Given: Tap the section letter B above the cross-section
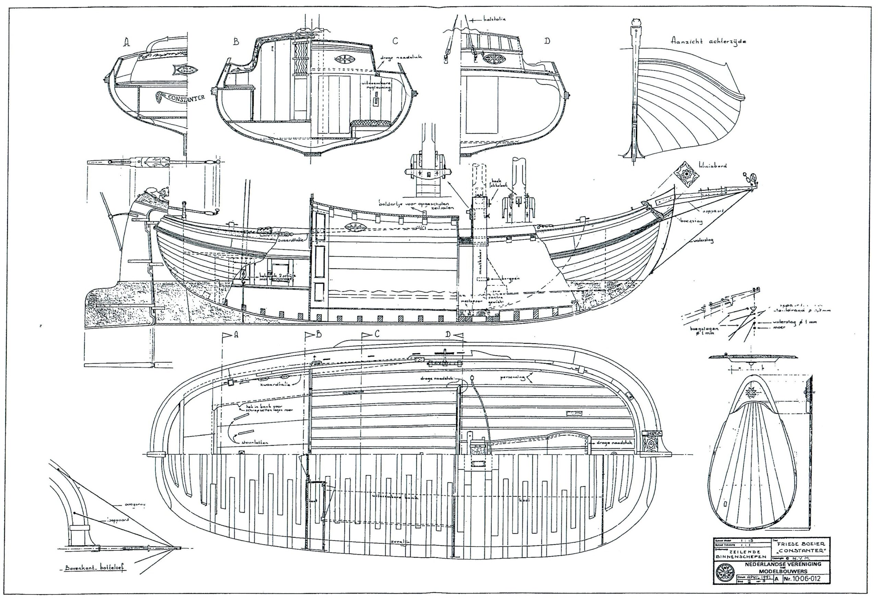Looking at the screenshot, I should tap(236, 42).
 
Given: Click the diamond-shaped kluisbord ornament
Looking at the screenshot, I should tap(686, 174).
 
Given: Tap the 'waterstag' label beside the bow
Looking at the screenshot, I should tap(703, 240).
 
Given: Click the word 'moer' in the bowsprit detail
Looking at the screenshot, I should tap(779, 327).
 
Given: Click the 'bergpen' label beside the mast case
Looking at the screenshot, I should tap(510, 279).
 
